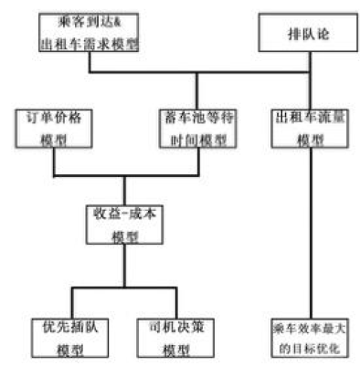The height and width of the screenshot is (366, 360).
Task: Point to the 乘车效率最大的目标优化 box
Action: [306, 335]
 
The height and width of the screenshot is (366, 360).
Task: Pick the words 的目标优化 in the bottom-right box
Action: [306, 345]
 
